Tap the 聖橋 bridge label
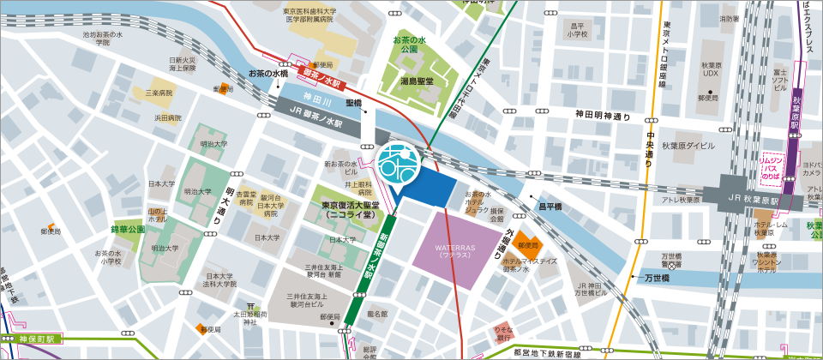pos(354,102)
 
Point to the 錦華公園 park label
pos(128,230)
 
